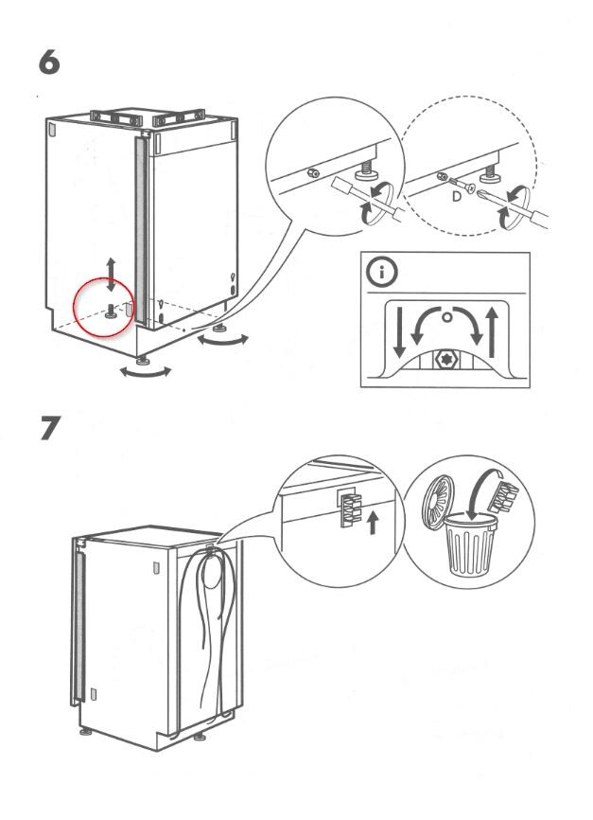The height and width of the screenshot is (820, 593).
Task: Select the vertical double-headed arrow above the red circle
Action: (x=112, y=273)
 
